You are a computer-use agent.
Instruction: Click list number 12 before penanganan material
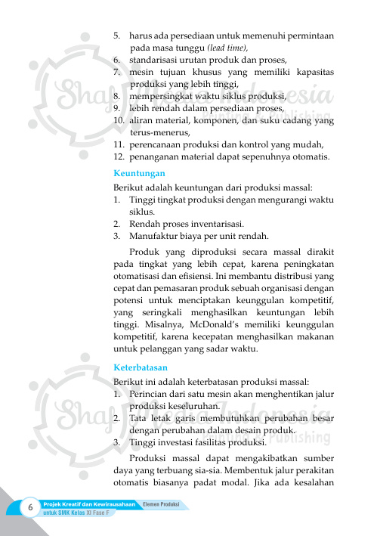(119, 156)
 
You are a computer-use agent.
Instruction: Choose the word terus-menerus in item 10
(158, 132)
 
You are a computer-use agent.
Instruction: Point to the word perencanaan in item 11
(158, 144)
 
